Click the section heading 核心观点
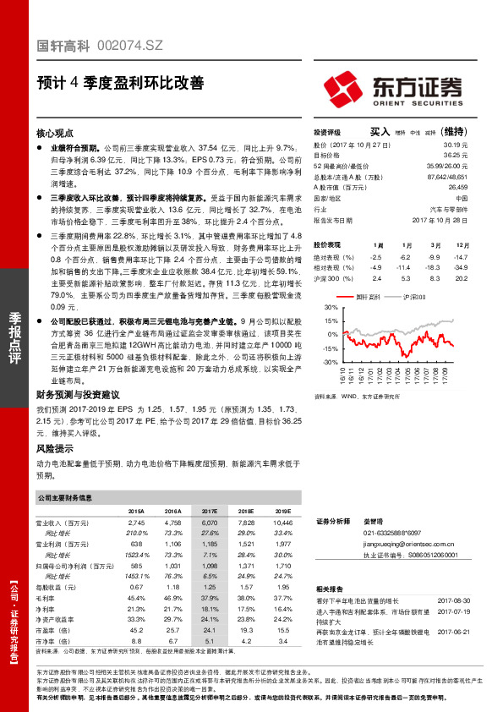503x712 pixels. (x=56, y=134)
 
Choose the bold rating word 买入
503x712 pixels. (x=380, y=132)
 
